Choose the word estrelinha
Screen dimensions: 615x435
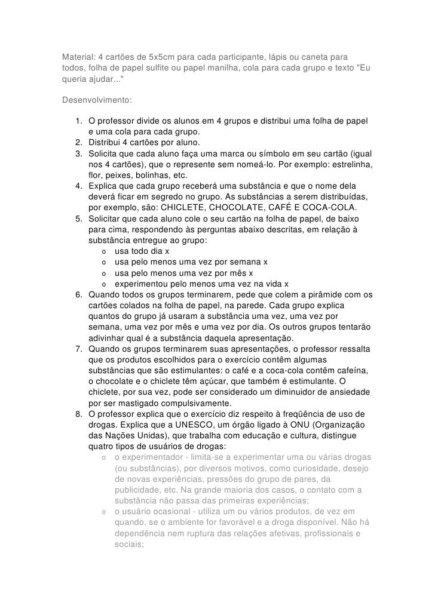click(350, 164)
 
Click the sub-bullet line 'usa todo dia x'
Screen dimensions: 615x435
click(142, 251)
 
